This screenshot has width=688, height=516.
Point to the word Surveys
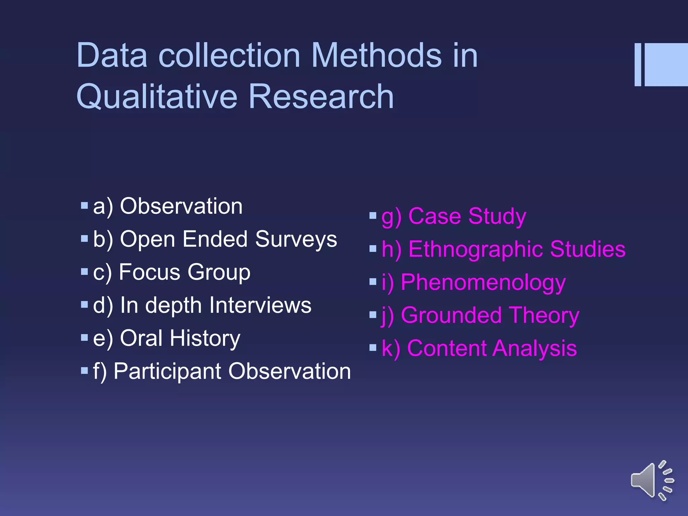(x=296, y=239)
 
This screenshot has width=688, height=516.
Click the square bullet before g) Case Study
(x=373, y=215)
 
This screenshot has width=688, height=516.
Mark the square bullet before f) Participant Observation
(x=84, y=371)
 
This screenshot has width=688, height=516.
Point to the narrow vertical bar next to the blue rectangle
(x=638, y=64)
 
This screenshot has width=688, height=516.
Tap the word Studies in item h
(x=588, y=249)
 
